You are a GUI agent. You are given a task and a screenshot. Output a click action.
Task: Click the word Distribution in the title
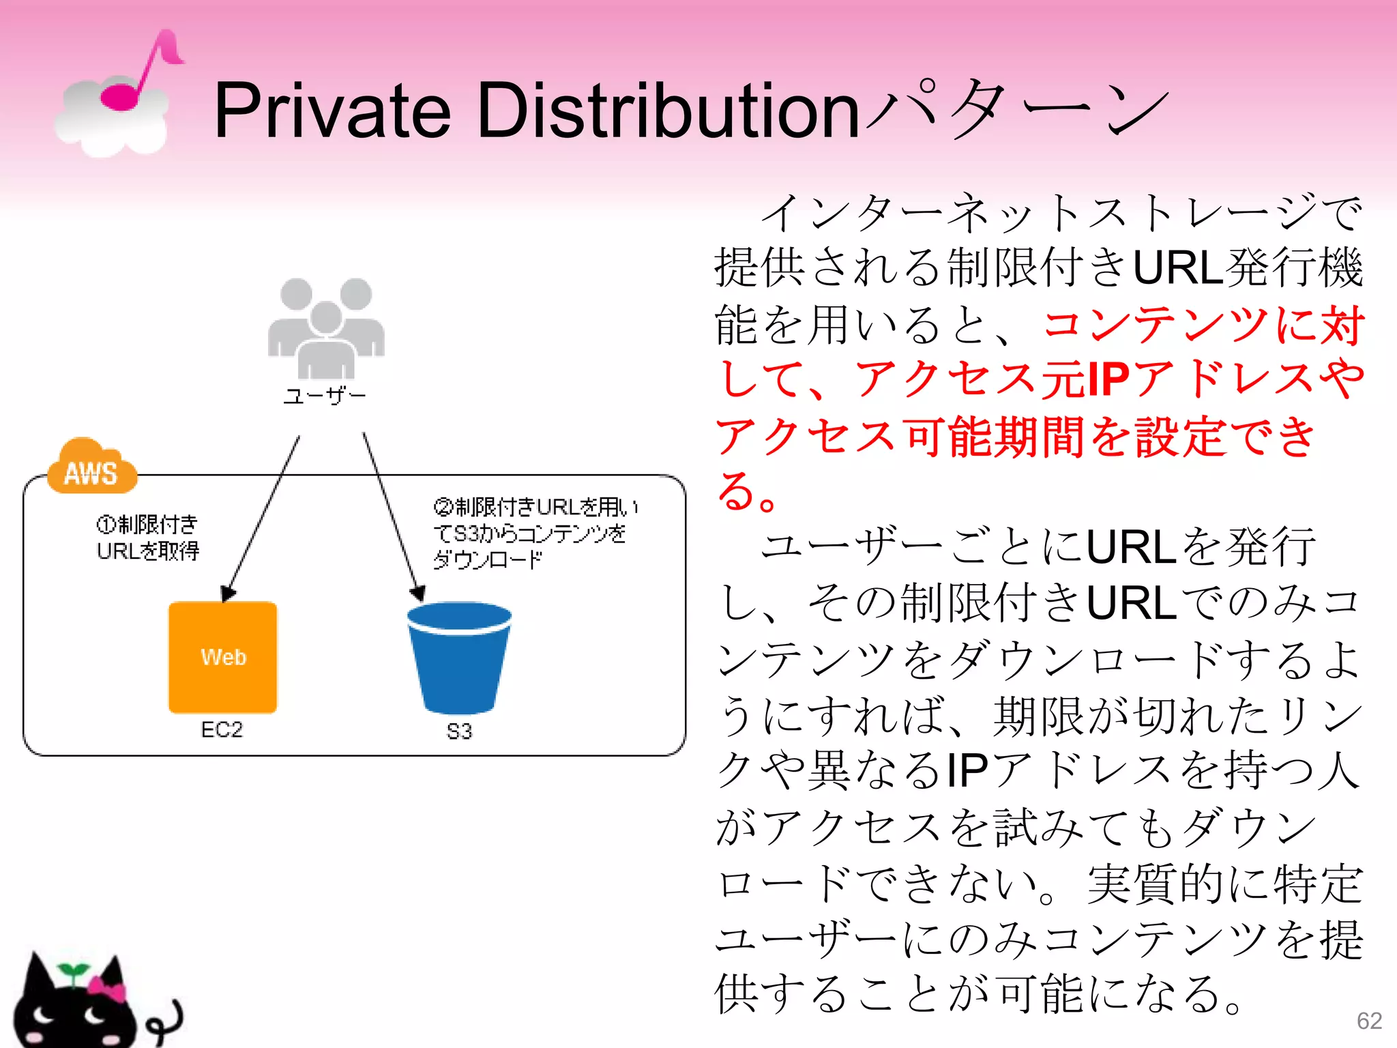668,111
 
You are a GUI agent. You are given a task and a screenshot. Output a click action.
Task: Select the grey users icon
326,327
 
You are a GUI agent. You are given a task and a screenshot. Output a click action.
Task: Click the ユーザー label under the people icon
325,396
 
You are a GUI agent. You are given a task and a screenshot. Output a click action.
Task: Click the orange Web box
223,657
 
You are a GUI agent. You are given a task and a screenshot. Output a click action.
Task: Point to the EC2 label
222,730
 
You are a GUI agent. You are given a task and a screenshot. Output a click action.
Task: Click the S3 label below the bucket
459,731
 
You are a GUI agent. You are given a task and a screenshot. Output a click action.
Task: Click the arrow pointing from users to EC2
263,519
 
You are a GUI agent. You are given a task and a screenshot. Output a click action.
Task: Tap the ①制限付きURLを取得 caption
148,538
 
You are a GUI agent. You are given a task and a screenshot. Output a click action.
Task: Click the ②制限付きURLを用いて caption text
535,533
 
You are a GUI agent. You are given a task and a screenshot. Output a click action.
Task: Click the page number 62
1370,1021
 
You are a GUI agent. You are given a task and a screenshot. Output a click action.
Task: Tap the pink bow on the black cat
107,987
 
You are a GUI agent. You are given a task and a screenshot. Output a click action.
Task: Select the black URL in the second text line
1179,267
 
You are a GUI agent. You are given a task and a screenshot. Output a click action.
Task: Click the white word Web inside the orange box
223,657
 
